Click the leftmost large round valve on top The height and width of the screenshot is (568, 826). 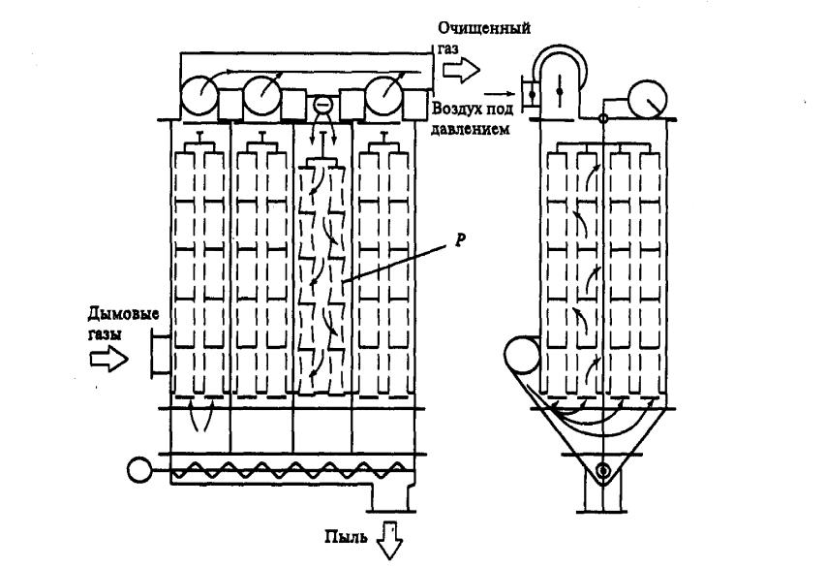[199, 95]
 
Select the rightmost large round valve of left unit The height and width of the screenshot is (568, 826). [384, 95]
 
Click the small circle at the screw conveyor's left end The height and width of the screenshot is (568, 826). [137, 470]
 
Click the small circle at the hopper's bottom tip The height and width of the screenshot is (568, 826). [602, 472]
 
